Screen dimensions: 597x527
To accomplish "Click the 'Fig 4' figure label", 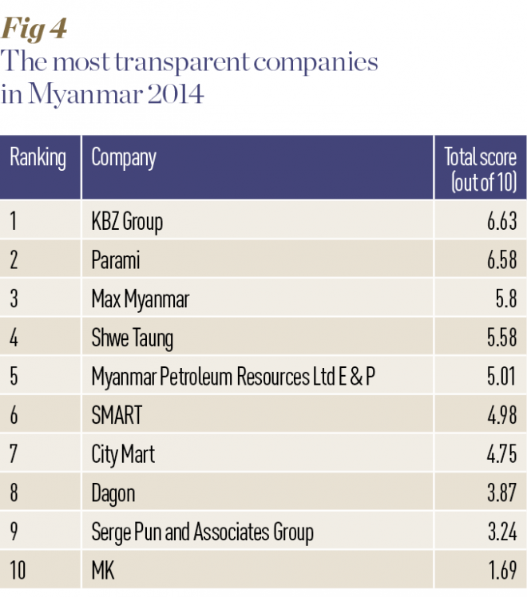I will [34, 30].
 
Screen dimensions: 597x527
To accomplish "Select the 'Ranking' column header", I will [38, 157].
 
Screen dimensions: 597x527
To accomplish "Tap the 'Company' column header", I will [124, 157].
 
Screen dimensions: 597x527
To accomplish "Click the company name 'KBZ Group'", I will [127, 221].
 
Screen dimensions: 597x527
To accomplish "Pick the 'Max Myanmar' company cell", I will [140, 299].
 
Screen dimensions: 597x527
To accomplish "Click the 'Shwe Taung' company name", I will [132, 338].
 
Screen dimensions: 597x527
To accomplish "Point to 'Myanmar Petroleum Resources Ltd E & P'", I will [232, 377].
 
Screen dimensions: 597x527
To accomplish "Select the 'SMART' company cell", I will [116, 416].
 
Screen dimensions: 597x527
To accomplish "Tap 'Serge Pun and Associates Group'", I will [202, 532].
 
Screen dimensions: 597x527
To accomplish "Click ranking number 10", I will [18, 571].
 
